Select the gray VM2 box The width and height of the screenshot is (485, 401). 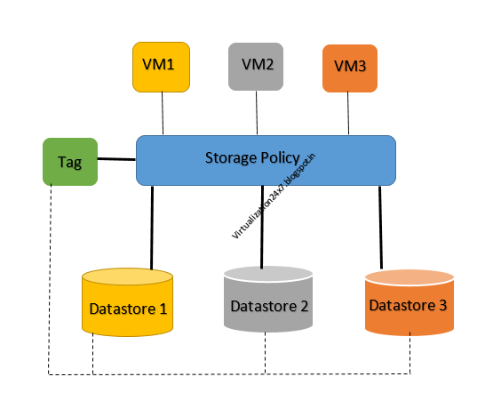(257, 67)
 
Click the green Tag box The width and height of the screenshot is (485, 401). (69, 162)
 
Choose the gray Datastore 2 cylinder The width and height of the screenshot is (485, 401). (269, 306)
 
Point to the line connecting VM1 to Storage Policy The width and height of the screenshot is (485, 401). (163, 114)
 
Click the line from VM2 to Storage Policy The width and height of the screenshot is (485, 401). (258, 114)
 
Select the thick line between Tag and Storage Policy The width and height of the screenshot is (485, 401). (115, 160)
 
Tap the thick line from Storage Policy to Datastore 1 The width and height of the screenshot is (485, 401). (153, 227)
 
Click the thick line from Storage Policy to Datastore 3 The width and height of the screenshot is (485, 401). (382, 227)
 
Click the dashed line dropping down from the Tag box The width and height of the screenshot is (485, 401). (50, 267)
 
